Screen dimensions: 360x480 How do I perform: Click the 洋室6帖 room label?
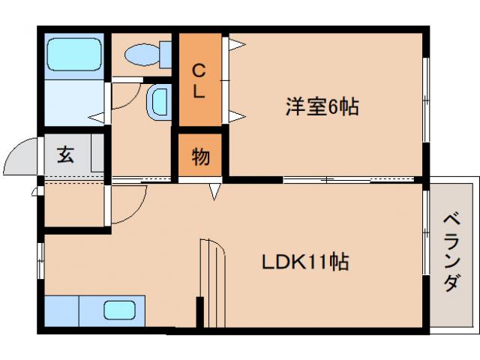[x=321, y=107]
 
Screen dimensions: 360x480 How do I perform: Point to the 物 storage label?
[x=200, y=157]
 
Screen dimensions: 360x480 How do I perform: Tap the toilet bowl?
[x=141, y=54]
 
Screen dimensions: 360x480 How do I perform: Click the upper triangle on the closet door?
[x=235, y=45]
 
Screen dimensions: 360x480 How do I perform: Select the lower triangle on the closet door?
[x=235, y=115]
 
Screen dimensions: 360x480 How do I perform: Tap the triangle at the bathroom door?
[x=96, y=117]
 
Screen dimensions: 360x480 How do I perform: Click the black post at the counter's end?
[x=199, y=311]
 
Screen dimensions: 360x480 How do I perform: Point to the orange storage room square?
[x=200, y=157]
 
